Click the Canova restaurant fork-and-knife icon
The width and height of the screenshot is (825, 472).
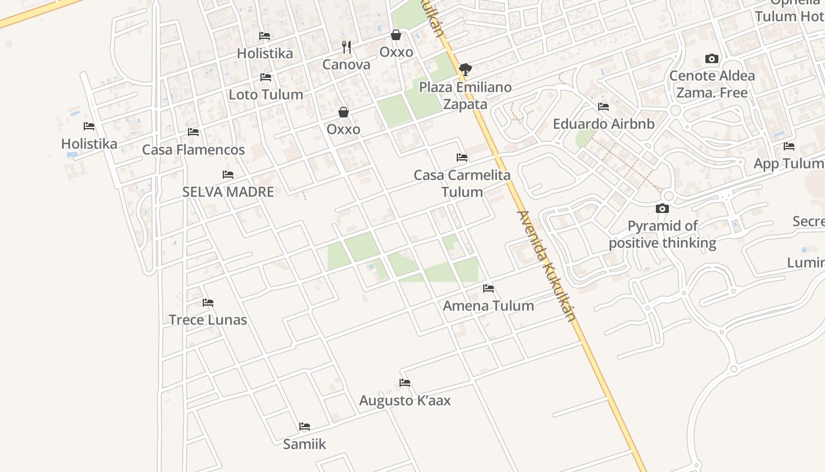(346, 47)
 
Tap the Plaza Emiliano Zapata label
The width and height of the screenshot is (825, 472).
(465, 96)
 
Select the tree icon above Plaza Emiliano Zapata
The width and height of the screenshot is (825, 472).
(465, 70)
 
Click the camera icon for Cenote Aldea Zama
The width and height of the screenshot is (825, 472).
(712, 59)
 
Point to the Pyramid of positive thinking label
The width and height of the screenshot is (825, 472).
(662, 234)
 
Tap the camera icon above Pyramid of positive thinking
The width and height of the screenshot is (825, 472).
(662, 208)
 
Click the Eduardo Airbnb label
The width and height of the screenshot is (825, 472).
(603, 124)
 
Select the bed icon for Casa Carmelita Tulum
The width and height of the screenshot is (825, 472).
(462, 158)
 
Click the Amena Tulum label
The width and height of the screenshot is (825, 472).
(489, 306)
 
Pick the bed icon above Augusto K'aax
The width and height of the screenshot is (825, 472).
(405, 383)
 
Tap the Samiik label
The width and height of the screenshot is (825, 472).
(304, 444)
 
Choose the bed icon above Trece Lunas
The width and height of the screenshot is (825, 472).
(208, 303)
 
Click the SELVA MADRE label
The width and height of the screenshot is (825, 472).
(228, 192)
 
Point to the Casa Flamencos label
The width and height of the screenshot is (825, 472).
(193, 150)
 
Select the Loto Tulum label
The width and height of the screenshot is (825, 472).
(266, 94)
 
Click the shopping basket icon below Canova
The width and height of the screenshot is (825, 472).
(344, 112)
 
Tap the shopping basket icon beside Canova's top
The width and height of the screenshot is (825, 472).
(396, 35)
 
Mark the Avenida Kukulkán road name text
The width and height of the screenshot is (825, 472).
(545, 265)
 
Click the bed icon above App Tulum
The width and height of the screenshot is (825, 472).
(789, 146)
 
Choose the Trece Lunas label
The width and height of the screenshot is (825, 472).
(208, 320)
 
